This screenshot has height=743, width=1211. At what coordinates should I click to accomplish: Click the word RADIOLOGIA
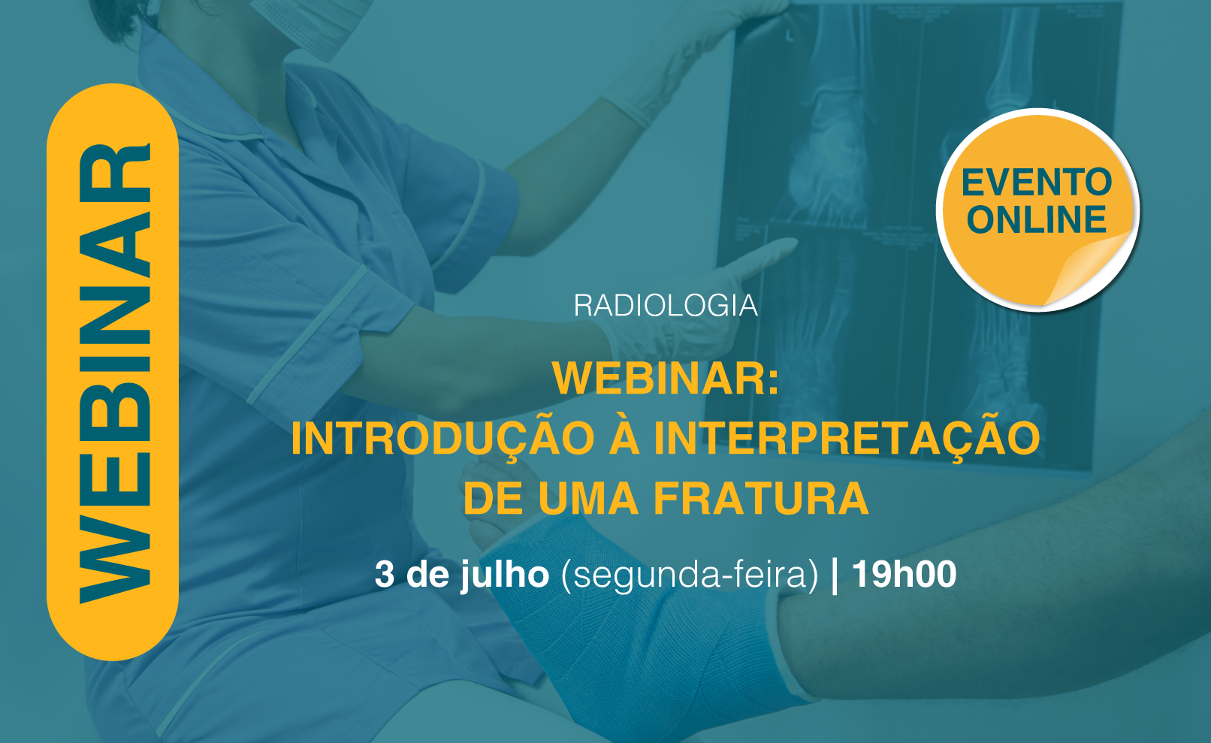click(666, 306)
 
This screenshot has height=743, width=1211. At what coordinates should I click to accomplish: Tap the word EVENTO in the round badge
click(1037, 183)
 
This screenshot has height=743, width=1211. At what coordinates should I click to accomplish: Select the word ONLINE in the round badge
click(1037, 219)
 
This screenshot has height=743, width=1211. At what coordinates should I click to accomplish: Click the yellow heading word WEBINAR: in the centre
click(666, 378)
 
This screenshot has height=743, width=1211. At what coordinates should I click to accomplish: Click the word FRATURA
click(761, 498)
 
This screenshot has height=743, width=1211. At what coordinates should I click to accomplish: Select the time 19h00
click(904, 574)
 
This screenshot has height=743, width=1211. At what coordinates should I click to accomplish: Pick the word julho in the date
click(505, 576)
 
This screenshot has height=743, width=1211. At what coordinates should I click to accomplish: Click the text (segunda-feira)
click(690, 576)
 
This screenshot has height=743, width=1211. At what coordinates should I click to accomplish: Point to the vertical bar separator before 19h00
click(835, 576)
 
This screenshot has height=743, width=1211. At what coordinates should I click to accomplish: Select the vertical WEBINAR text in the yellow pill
click(114, 373)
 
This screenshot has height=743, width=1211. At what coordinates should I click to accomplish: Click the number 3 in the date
click(385, 574)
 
